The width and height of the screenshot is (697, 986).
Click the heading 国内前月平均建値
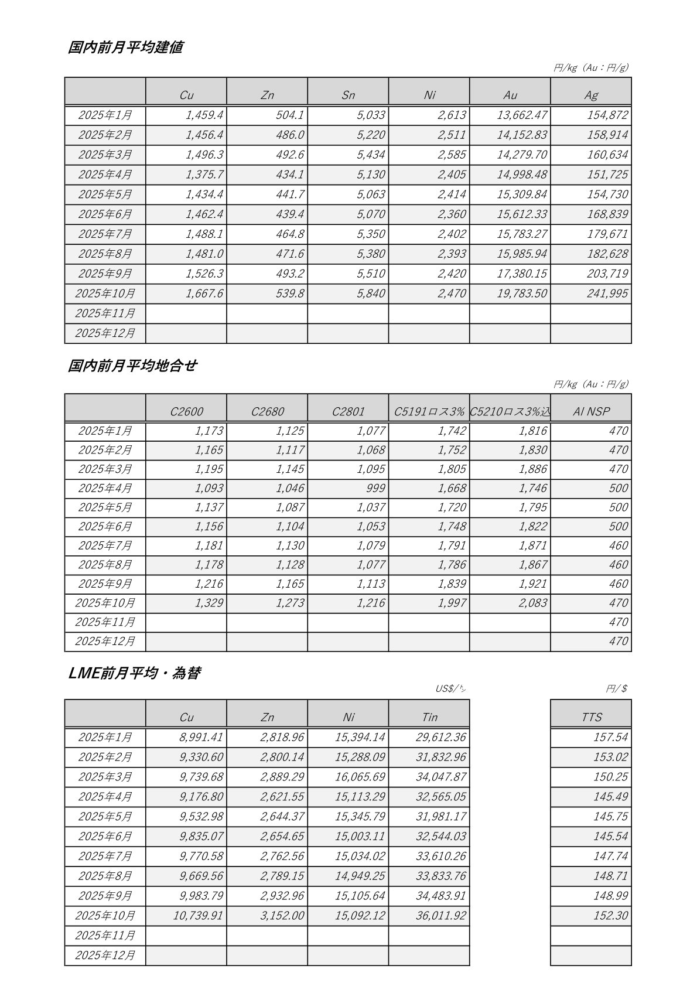click(125, 47)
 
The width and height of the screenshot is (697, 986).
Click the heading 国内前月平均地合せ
click(132, 366)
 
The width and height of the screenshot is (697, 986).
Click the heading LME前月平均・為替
click(134, 673)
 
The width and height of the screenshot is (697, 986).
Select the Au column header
click(510, 95)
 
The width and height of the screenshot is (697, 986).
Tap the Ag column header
click(591, 95)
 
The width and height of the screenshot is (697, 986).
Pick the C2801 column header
click(348, 411)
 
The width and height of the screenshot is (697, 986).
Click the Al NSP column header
click(591, 411)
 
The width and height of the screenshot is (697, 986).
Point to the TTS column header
click(591, 717)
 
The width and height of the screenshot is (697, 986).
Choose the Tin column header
click(429, 717)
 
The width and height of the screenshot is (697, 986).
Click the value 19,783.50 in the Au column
click(522, 294)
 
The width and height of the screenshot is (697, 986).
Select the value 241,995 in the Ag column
click(607, 294)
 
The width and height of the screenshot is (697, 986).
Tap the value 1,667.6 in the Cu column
click(204, 294)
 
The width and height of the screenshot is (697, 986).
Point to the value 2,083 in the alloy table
click(532, 603)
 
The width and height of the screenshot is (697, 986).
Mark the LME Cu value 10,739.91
click(198, 916)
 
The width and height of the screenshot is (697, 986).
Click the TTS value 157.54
click(610, 737)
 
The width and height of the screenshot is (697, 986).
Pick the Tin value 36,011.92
click(440, 916)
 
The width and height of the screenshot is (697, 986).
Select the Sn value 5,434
click(371, 155)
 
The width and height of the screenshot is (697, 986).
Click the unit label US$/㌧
click(450, 688)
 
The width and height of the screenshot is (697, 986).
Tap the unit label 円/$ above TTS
click(616, 688)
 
